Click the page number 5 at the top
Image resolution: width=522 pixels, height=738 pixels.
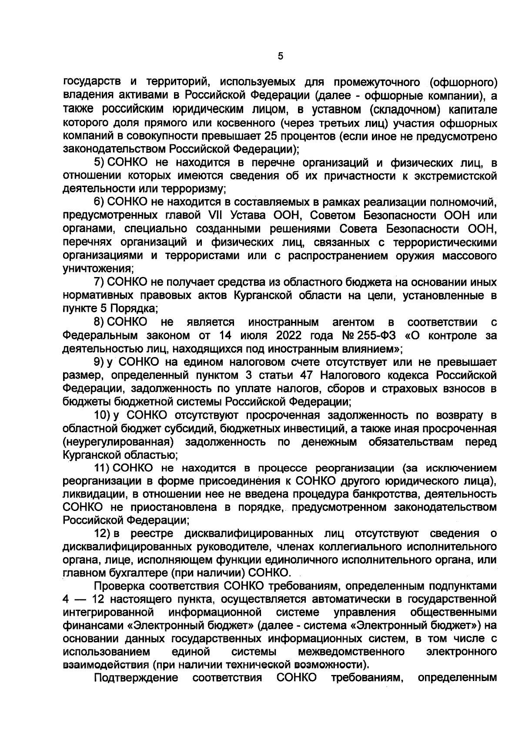pos(280,56)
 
